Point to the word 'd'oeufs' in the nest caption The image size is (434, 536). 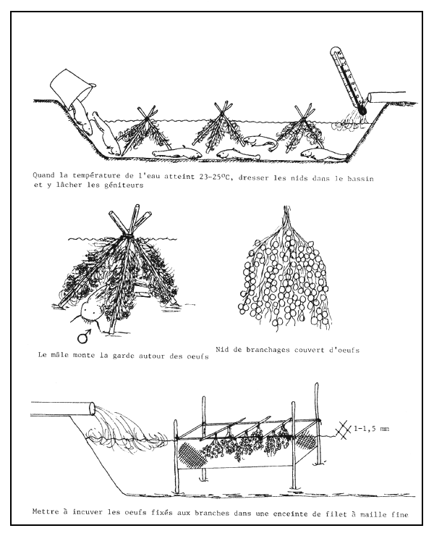[x=341, y=350]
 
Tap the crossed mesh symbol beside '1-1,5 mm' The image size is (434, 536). [x=346, y=429]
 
